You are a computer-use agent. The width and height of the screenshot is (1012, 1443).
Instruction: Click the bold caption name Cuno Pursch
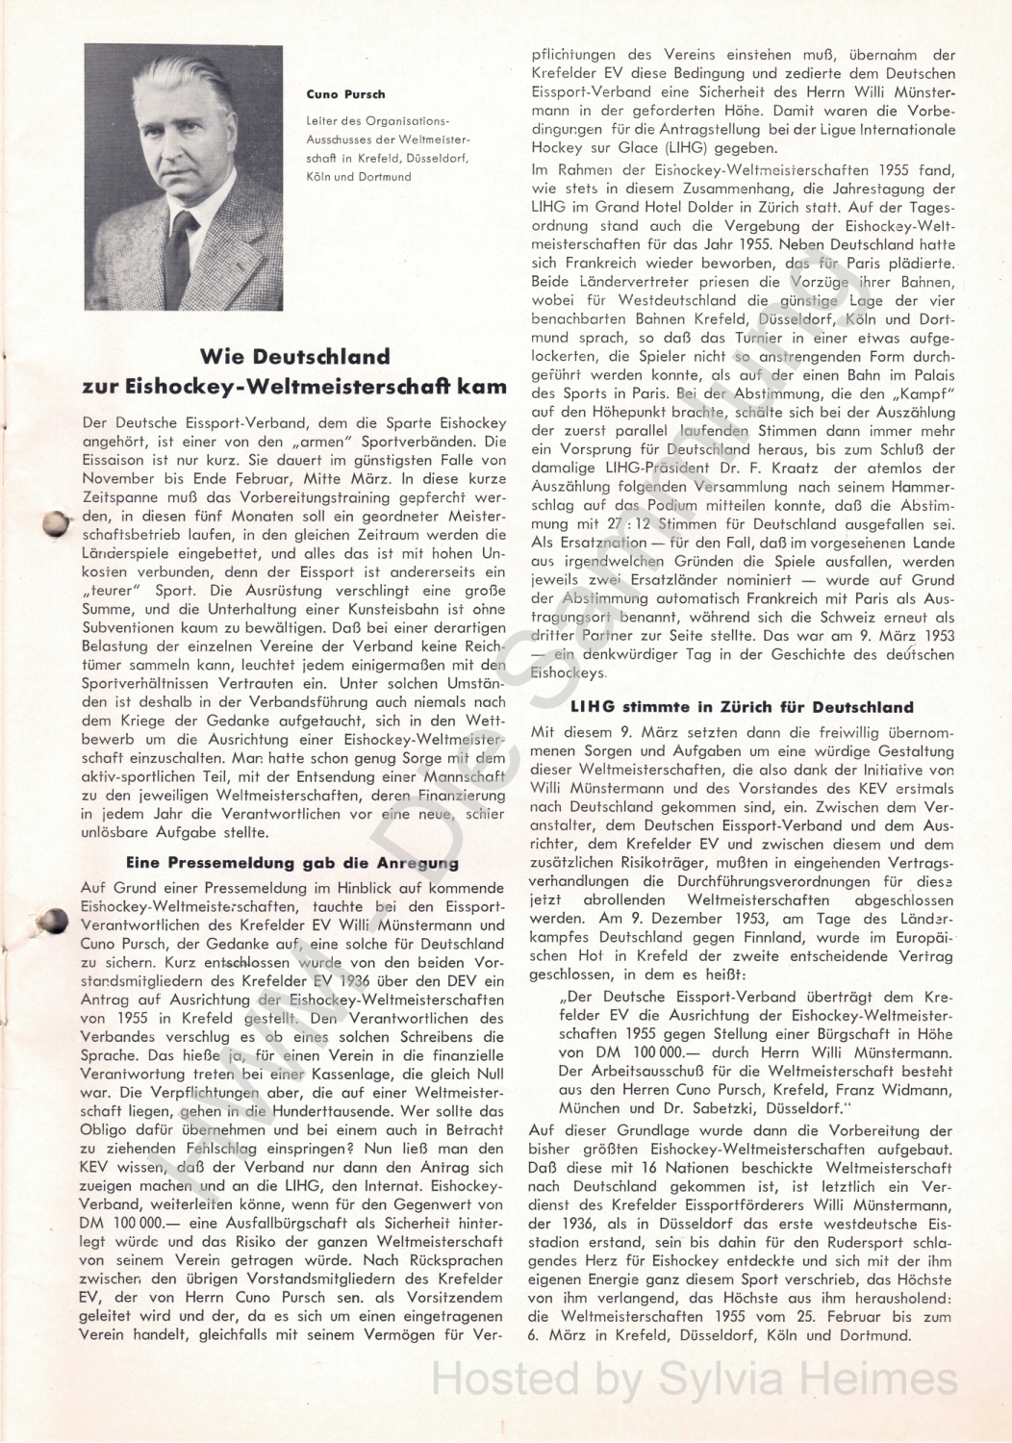(332, 94)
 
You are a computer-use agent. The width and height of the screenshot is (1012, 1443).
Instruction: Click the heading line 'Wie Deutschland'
(294, 356)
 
